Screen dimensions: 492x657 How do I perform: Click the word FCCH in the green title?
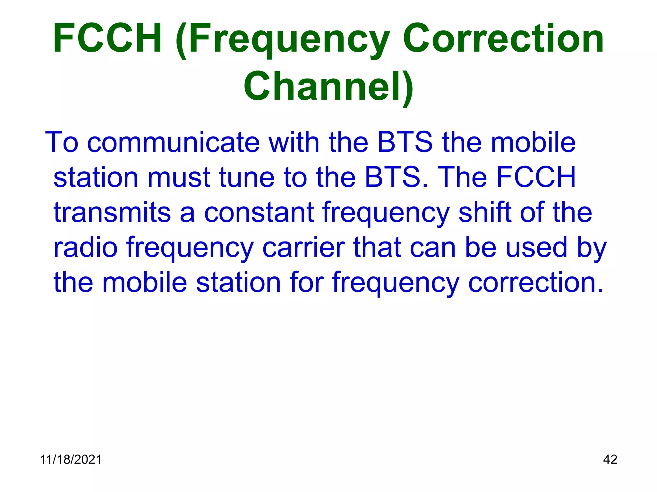tap(107, 38)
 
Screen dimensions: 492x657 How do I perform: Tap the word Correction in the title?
tap(503, 38)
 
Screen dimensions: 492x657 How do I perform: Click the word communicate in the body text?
tap(173, 142)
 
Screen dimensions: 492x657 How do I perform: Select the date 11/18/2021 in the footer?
tap(71, 460)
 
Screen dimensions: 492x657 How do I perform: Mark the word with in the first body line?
tap(294, 142)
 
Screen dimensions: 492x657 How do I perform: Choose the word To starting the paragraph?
tap(62, 142)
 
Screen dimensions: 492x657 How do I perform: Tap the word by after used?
tap(592, 248)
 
